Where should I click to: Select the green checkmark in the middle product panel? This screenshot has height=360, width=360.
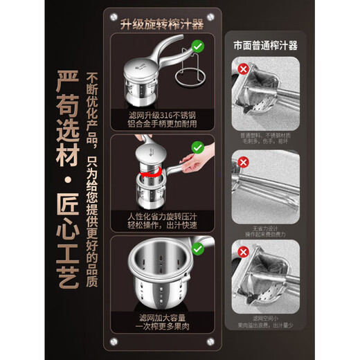[x=197, y=147]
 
